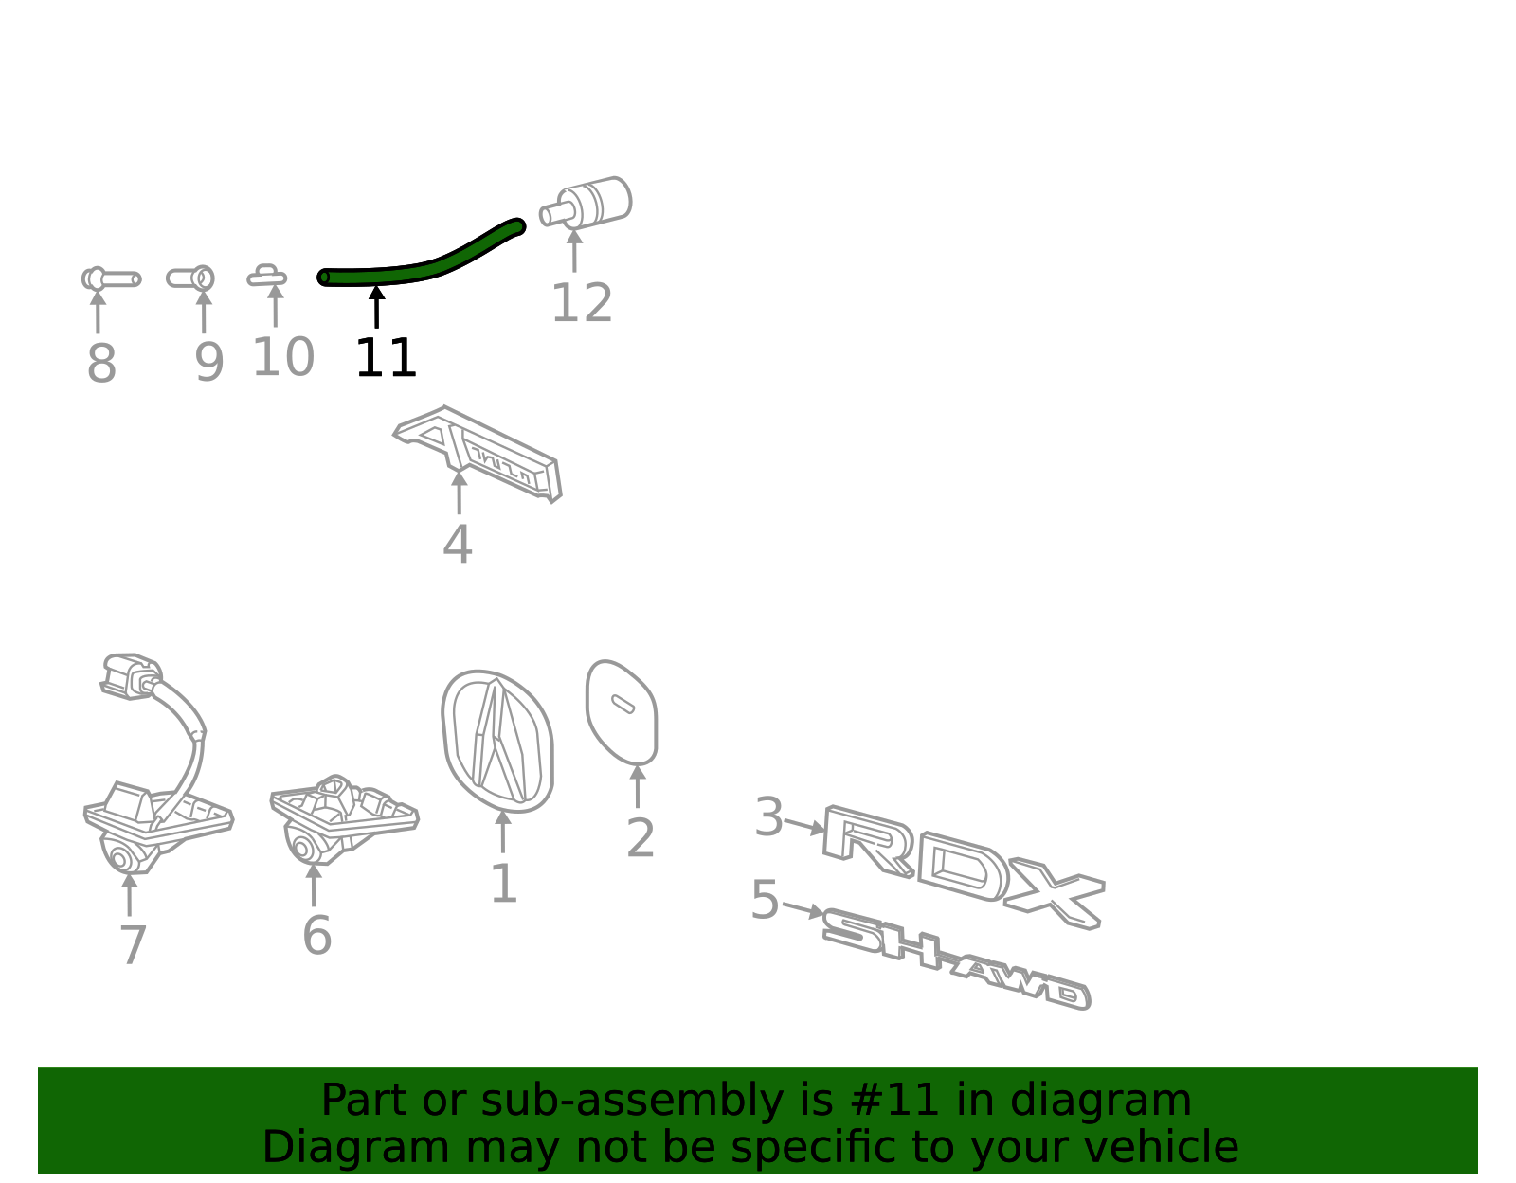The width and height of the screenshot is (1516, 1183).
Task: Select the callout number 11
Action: pyautogui.click(x=386, y=358)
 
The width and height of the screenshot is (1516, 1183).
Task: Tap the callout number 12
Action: pyautogui.click(x=582, y=302)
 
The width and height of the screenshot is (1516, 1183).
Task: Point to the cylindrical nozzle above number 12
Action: pyautogui.click(x=586, y=203)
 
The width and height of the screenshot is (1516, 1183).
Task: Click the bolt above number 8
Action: pyautogui.click(x=111, y=278)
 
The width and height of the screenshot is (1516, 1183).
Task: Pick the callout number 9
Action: pyautogui.click(x=208, y=363)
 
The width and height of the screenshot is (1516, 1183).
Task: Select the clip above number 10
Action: pyautogui.click(x=267, y=276)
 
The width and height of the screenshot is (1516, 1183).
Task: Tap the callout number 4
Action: pyautogui.click(x=458, y=544)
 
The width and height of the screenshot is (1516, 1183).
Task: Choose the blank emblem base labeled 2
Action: pyautogui.click(x=622, y=711)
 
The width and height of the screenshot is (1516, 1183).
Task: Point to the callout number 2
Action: pyautogui.click(x=641, y=837)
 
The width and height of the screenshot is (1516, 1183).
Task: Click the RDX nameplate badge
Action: pyautogui.click(x=965, y=867)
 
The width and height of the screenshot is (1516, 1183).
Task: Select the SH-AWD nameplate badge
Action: pyautogui.click(x=956, y=958)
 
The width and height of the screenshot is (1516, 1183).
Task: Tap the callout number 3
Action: pyautogui.click(x=768, y=816)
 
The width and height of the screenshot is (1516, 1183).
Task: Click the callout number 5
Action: pyautogui.click(x=765, y=899)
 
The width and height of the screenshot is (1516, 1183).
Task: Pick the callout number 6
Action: pyautogui.click(x=316, y=936)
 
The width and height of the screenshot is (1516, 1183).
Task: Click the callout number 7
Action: pyautogui.click(x=133, y=944)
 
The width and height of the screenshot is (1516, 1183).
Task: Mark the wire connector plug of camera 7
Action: pyautogui.click(x=131, y=675)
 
